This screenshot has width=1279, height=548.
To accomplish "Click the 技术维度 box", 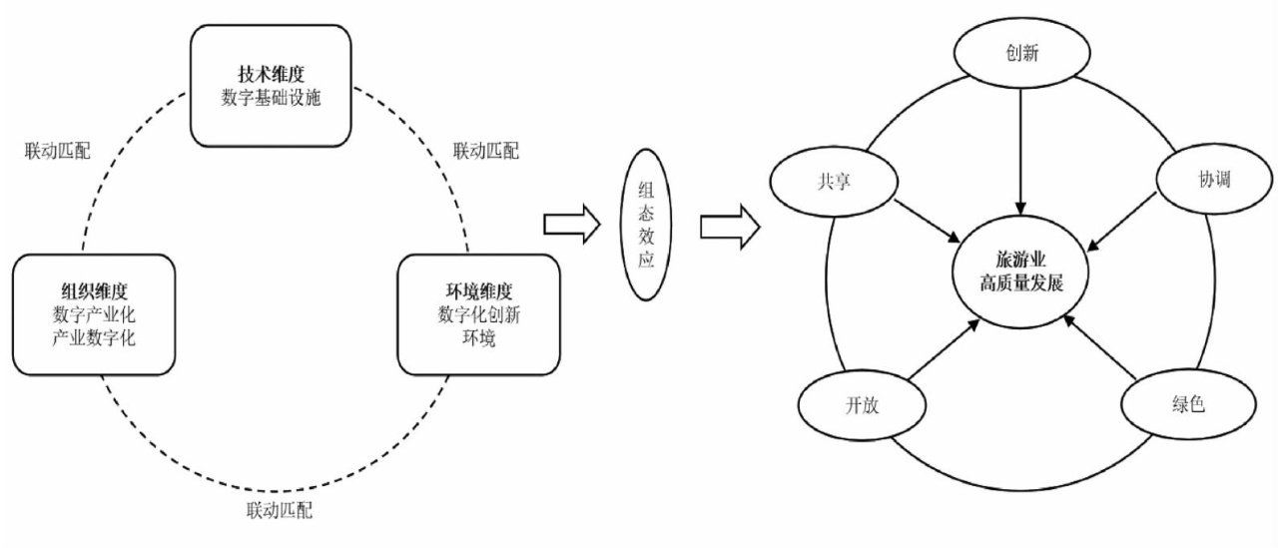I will (271, 85).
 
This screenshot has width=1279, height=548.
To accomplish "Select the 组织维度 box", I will (95, 313).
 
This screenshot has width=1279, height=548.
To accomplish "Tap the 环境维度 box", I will (476, 313).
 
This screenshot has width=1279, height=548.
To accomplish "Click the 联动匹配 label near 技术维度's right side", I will (486, 151).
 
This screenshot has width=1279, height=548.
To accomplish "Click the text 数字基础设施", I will (271, 98).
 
